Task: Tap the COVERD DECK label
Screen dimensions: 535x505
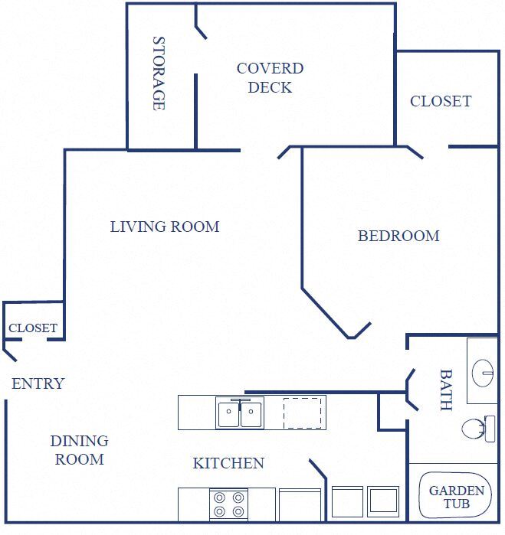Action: point(270,77)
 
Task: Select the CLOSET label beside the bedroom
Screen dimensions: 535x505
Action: point(441,101)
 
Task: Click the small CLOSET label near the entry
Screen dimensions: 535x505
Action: point(33,328)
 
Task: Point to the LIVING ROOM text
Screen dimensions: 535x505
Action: point(165,227)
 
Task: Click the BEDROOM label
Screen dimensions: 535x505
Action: point(398,236)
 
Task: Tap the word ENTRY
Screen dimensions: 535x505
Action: point(38,383)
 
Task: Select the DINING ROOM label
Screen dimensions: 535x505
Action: point(80,450)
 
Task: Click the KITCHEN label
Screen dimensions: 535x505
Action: point(228,463)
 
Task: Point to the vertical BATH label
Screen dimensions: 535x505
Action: point(445,390)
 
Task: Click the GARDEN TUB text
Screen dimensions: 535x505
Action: point(456,497)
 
